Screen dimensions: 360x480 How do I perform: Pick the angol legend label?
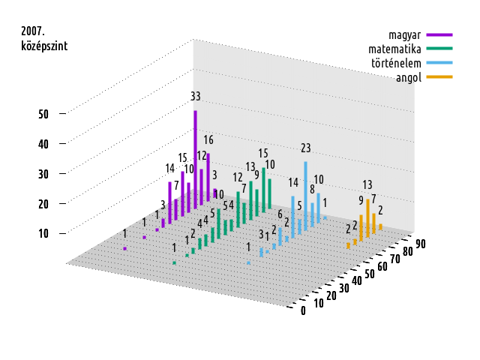click(409, 77)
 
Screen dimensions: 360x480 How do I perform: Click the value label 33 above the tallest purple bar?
click(196, 96)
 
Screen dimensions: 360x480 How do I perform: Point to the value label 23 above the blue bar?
click(306, 148)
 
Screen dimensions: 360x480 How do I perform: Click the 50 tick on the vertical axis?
click(43, 114)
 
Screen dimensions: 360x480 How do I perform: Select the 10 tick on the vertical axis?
click(43, 233)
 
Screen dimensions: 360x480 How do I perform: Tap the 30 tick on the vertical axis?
click(43, 173)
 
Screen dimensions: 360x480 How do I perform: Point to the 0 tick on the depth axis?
click(303, 311)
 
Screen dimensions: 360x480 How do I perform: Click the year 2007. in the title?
click(34, 31)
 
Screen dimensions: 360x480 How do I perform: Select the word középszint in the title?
click(45, 46)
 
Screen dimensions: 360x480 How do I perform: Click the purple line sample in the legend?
click(439, 35)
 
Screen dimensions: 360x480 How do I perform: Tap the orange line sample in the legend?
click(439, 77)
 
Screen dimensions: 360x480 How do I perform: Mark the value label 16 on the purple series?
click(208, 140)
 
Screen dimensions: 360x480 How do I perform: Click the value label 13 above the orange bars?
click(367, 184)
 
